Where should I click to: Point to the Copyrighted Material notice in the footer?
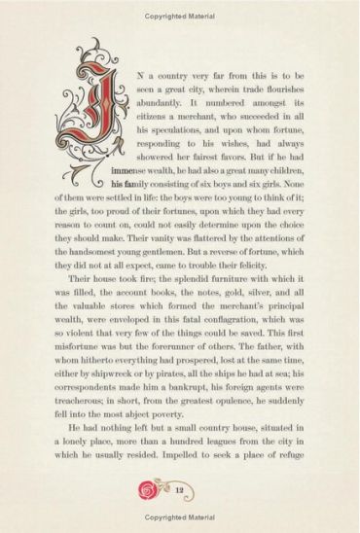[x=180, y=518]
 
